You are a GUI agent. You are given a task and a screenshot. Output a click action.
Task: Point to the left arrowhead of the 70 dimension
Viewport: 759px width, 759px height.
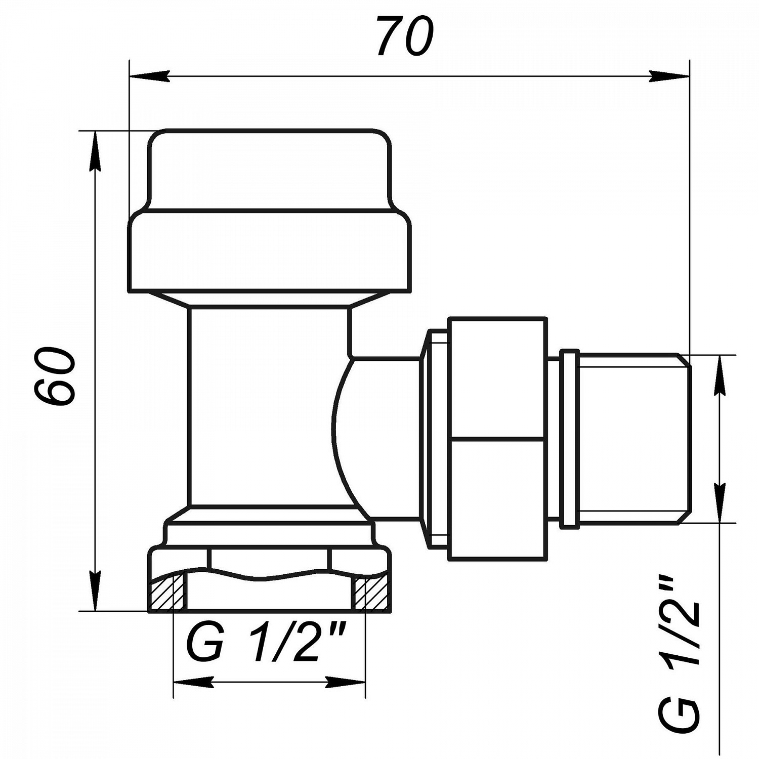(x=149, y=76)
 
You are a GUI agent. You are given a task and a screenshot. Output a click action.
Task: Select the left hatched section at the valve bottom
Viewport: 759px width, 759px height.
(x=166, y=593)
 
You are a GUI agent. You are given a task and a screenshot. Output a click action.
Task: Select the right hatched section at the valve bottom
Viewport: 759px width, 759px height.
(x=371, y=593)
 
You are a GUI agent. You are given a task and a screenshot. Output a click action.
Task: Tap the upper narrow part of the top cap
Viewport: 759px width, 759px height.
(x=269, y=170)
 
